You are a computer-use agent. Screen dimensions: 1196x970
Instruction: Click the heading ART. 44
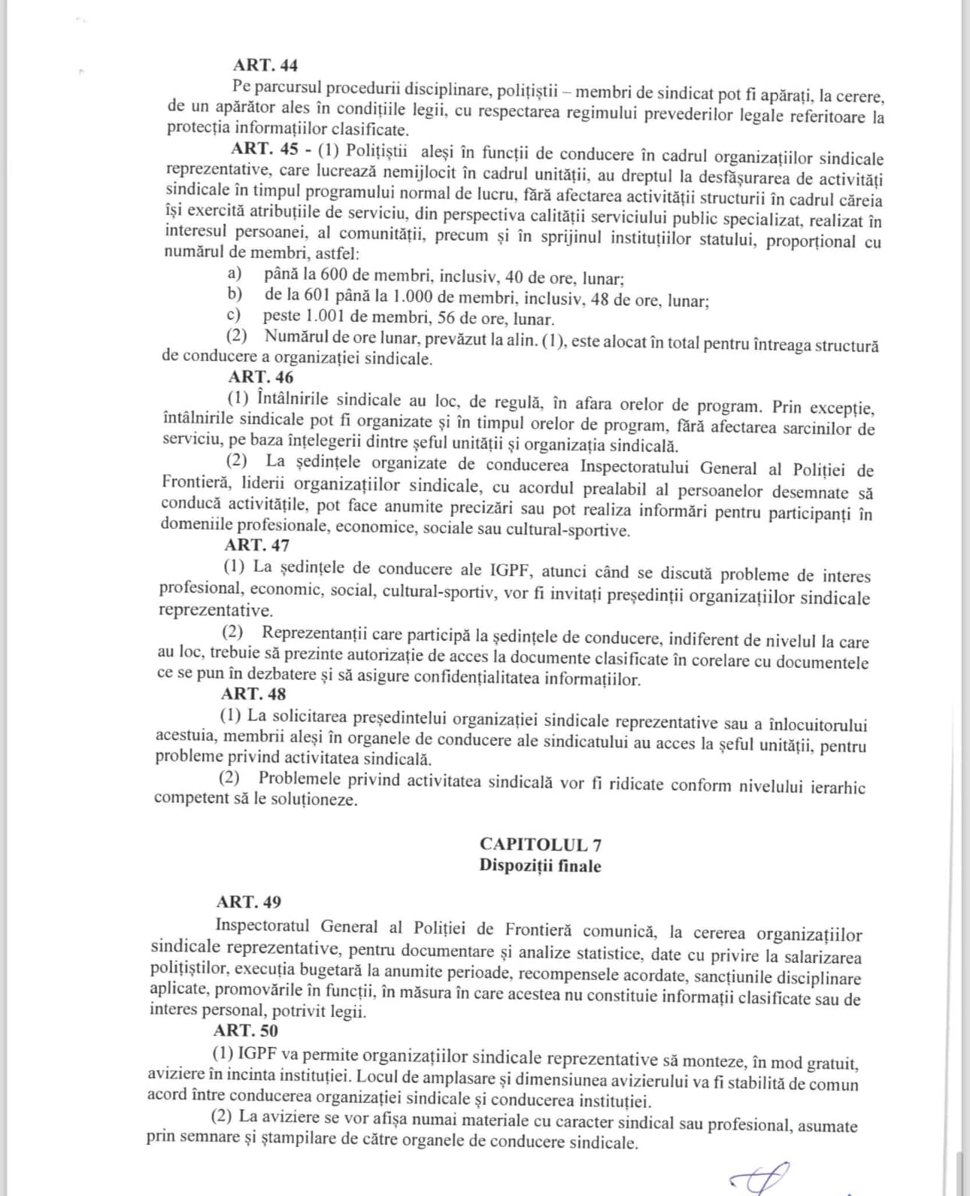[265, 65]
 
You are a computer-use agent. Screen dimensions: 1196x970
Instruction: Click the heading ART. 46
[261, 377]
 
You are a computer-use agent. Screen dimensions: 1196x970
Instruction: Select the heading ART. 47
[256, 545]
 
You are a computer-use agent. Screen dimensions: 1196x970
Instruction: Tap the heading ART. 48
[253, 694]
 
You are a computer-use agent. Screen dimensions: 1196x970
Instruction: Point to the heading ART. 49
[249, 901]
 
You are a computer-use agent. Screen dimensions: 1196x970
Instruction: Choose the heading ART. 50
[245, 1031]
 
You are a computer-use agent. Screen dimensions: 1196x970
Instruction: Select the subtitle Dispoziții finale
[540, 866]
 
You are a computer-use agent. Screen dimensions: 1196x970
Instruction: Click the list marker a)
[235, 272]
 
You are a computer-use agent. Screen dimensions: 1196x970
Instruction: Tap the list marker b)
[235, 294]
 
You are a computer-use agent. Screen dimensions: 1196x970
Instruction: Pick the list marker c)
[235, 315]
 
